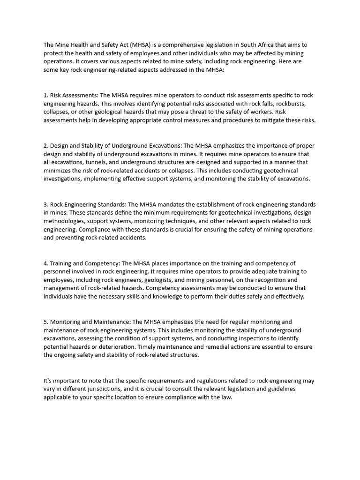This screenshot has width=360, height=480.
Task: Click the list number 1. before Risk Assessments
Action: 45,95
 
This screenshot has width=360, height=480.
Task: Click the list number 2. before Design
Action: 46,145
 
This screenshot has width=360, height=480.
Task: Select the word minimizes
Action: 58,171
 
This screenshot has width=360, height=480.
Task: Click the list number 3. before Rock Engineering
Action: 46,204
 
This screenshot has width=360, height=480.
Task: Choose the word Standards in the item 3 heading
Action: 111,204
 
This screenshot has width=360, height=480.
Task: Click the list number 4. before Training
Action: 46,263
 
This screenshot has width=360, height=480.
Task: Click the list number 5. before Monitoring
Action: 46,322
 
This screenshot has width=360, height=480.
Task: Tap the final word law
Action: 227,397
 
